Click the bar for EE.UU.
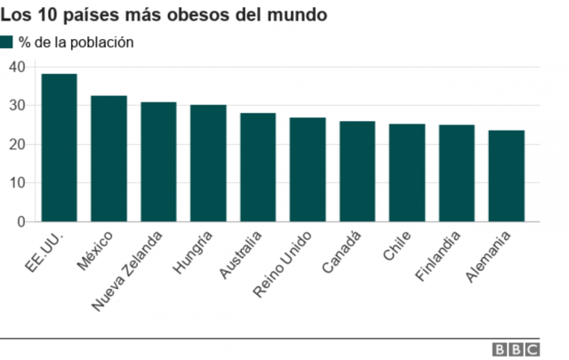pos(59,148)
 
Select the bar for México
pos(108,158)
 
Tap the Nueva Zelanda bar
pos(158,162)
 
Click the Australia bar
pos(258,167)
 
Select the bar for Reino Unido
pos(308,169)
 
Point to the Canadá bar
pos(357,171)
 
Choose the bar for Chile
pos(407,172)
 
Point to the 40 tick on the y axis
pos(16,67)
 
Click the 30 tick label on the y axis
pos(16,106)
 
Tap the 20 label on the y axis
pos(16,144)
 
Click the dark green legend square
pos(7,42)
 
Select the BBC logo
pos(514,349)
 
